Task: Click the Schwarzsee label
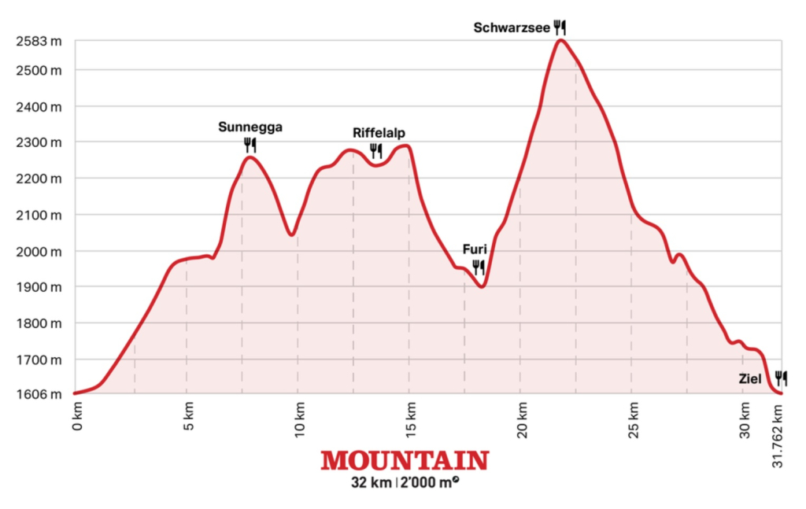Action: pyautogui.click(x=511, y=28)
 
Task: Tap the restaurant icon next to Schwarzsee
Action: pyautogui.click(x=560, y=27)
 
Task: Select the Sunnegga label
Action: pyautogui.click(x=250, y=126)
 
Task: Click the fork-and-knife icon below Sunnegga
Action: pyautogui.click(x=250, y=145)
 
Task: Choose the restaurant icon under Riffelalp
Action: pyautogui.click(x=375, y=150)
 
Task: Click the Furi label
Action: pyautogui.click(x=475, y=251)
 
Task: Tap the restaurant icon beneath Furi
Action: pyautogui.click(x=478, y=267)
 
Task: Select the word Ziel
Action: pyautogui.click(x=749, y=379)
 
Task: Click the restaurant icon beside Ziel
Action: pyautogui.click(x=780, y=378)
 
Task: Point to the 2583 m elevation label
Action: pyautogui.click(x=38, y=41)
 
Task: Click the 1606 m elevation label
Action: pyautogui.click(x=38, y=394)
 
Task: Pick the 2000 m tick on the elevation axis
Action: pyautogui.click(x=38, y=251)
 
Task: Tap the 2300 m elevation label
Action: pyautogui.click(x=38, y=142)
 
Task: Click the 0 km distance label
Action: pyautogui.click(x=76, y=415)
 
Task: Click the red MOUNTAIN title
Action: pyautogui.click(x=404, y=460)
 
